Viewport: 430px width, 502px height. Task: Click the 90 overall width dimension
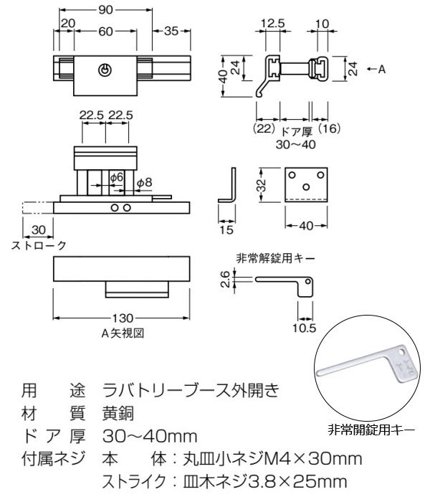(105, 11)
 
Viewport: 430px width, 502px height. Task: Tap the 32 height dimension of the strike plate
(263, 185)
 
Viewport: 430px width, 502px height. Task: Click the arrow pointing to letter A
(372, 69)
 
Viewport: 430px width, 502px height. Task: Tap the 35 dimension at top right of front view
(171, 31)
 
